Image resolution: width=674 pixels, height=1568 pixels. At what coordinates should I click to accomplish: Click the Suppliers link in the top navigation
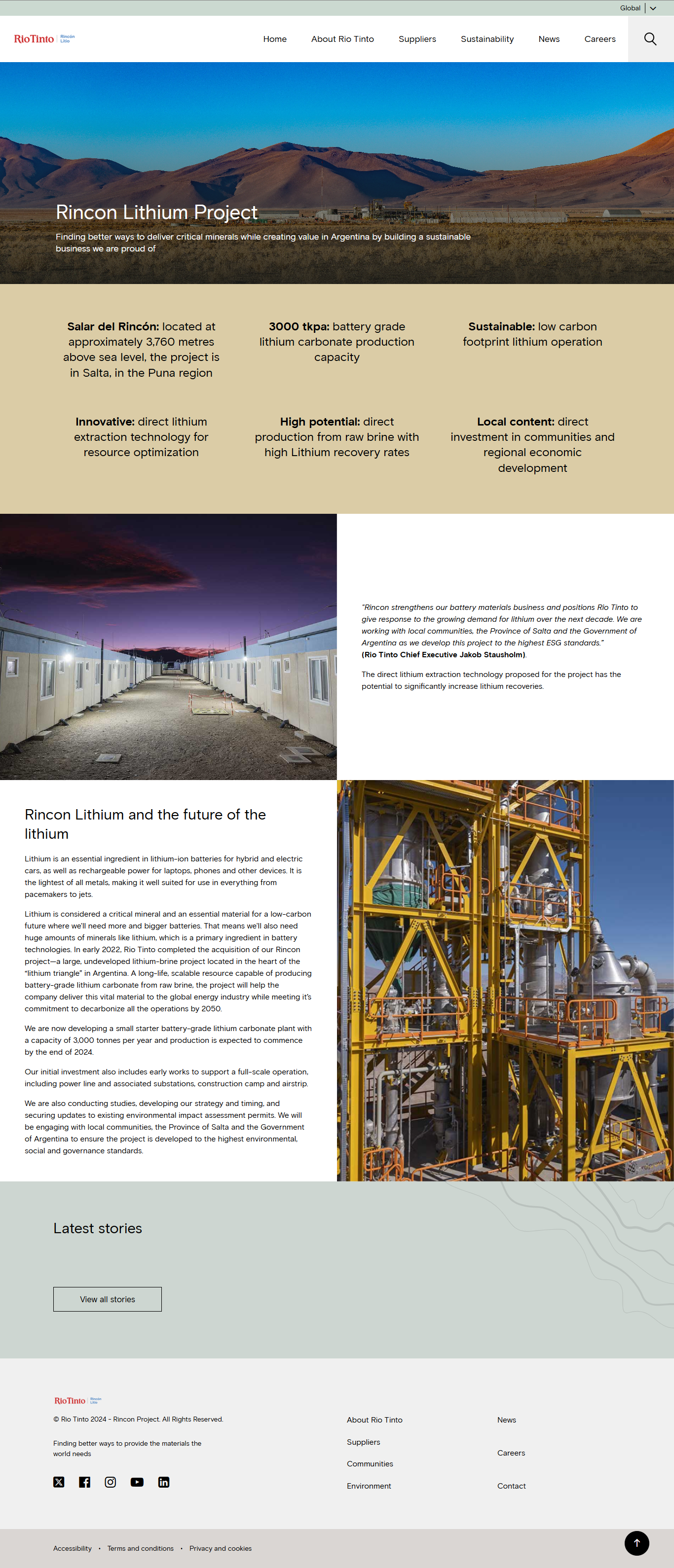click(x=417, y=39)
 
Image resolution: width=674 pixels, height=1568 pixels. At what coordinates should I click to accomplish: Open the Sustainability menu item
click(x=487, y=39)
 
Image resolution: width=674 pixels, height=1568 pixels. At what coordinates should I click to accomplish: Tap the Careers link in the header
click(x=599, y=39)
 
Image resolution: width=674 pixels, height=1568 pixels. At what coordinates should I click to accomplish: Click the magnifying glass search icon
click(x=650, y=39)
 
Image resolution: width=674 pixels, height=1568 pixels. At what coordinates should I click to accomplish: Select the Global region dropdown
click(x=637, y=8)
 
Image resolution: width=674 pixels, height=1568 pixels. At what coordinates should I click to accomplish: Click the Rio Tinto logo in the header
click(x=35, y=39)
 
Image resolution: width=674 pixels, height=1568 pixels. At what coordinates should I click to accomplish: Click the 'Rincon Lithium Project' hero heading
click(x=156, y=212)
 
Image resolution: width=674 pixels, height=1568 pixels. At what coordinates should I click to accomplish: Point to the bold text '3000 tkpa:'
click(x=299, y=326)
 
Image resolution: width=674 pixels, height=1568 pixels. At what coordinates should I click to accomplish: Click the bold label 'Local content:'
click(x=515, y=421)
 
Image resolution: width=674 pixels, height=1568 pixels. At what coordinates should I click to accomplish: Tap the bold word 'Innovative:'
click(x=105, y=421)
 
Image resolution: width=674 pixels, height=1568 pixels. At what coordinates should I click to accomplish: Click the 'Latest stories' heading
click(x=97, y=1228)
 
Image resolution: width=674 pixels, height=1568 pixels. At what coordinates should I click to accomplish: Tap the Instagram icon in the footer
click(x=110, y=1482)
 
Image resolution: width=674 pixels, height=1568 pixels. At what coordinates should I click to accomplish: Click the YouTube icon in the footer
click(x=137, y=1482)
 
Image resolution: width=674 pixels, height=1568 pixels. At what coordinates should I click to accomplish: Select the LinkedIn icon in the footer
click(x=164, y=1482)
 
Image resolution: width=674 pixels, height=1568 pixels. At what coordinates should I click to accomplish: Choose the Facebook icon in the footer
click(x=85, y=1482)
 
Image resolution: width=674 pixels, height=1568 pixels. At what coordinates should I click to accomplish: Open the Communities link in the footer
click(x=370, y=1463)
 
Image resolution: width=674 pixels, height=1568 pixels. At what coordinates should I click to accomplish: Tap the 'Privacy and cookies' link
click(x=221, y=1548)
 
